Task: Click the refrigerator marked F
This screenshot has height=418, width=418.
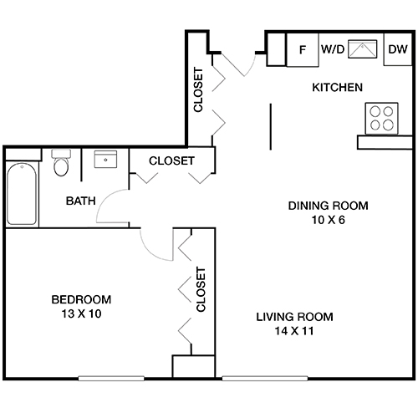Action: tap(302, 50)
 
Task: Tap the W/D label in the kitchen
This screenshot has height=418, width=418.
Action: tap(333, 50)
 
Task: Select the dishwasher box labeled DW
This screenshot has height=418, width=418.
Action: tap(396, 50)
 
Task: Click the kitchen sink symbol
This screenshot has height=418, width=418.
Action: tap(363, 49)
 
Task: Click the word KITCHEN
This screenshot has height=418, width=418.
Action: tap(337, 87)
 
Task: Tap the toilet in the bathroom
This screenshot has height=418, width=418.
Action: tap(60, 164)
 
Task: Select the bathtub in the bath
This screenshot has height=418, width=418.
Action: tap(22, 191)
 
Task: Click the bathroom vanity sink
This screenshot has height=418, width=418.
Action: tap(105, 160)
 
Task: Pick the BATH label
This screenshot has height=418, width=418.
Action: tap(81, 201)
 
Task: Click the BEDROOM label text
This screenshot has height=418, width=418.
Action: tap(81, 299)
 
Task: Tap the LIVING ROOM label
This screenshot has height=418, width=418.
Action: tap(293, 317)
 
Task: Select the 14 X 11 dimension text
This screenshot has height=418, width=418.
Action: tap(293, 331)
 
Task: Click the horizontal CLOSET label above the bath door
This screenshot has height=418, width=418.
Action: tap(171, 161)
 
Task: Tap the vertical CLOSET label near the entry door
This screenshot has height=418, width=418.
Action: tap(199, 90)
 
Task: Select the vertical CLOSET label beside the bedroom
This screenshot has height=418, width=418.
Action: tap(201, 289)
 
